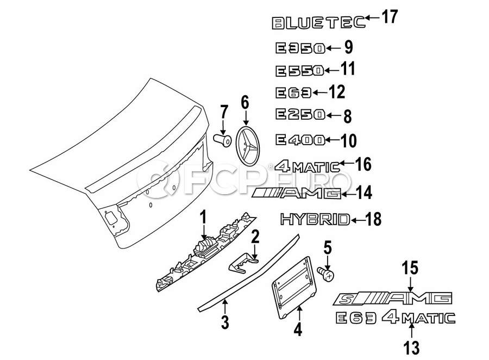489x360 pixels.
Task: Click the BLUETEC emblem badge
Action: click(x=317, y=22)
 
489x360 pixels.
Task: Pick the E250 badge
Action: click(x=300, y=115)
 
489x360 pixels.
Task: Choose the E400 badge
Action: click(x=300, y=140)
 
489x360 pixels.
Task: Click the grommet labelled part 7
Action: click(x=222, y=141)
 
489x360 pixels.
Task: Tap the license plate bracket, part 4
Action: click(x=294, y=287)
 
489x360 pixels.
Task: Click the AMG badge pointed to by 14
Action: click(x=297, y=192)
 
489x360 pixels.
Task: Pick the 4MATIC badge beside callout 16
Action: click(x=308, y=165)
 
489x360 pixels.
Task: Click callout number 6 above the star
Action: click(x=244, y=102)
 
